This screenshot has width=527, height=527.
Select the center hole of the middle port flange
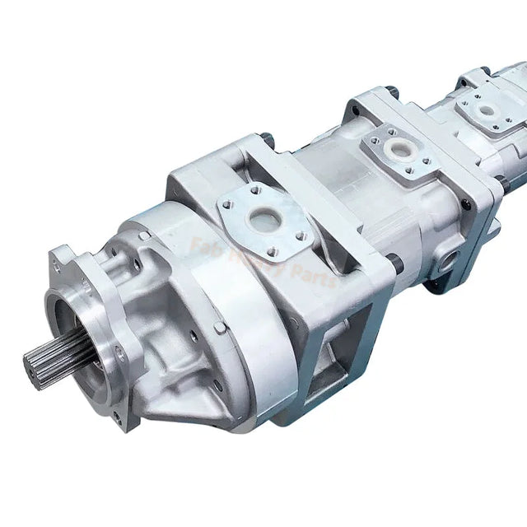[x=380, y=147]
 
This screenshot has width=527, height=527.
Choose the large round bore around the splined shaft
[x=78, y=329]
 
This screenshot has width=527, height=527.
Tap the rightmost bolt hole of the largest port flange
[x=301, y=236]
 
